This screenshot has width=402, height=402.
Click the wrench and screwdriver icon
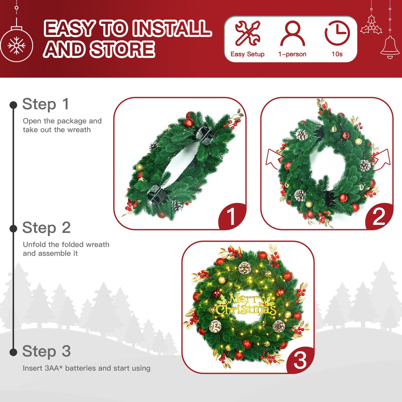click(x=247, y=33)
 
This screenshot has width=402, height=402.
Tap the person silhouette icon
click(x=292, y=33)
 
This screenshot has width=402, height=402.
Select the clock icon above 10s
click(x=337, y=33)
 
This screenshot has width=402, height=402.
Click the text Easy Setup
click(x=247, y=54)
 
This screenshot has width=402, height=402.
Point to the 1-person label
click(x=292, y=54)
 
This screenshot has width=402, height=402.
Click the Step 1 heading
click(x=46, y=104)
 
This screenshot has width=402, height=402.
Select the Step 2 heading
click(x=46, y=228)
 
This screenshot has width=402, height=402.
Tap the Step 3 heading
click(x=46, y=351)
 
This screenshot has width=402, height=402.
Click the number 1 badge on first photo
click(x=231, y=217)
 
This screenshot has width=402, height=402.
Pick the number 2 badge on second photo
click(x=379, y=217)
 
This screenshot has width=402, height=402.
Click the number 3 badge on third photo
click(x=300, y=360)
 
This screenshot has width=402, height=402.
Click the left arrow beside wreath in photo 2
click(x=274, y=158)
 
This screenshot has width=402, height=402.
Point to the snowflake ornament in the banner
click(x=16, y=45)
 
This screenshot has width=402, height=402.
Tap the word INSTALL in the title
click(x=174, y=28)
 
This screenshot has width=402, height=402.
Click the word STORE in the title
click(x=122, y=49)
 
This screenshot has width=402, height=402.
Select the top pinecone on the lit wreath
click(x=245, y=268)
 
